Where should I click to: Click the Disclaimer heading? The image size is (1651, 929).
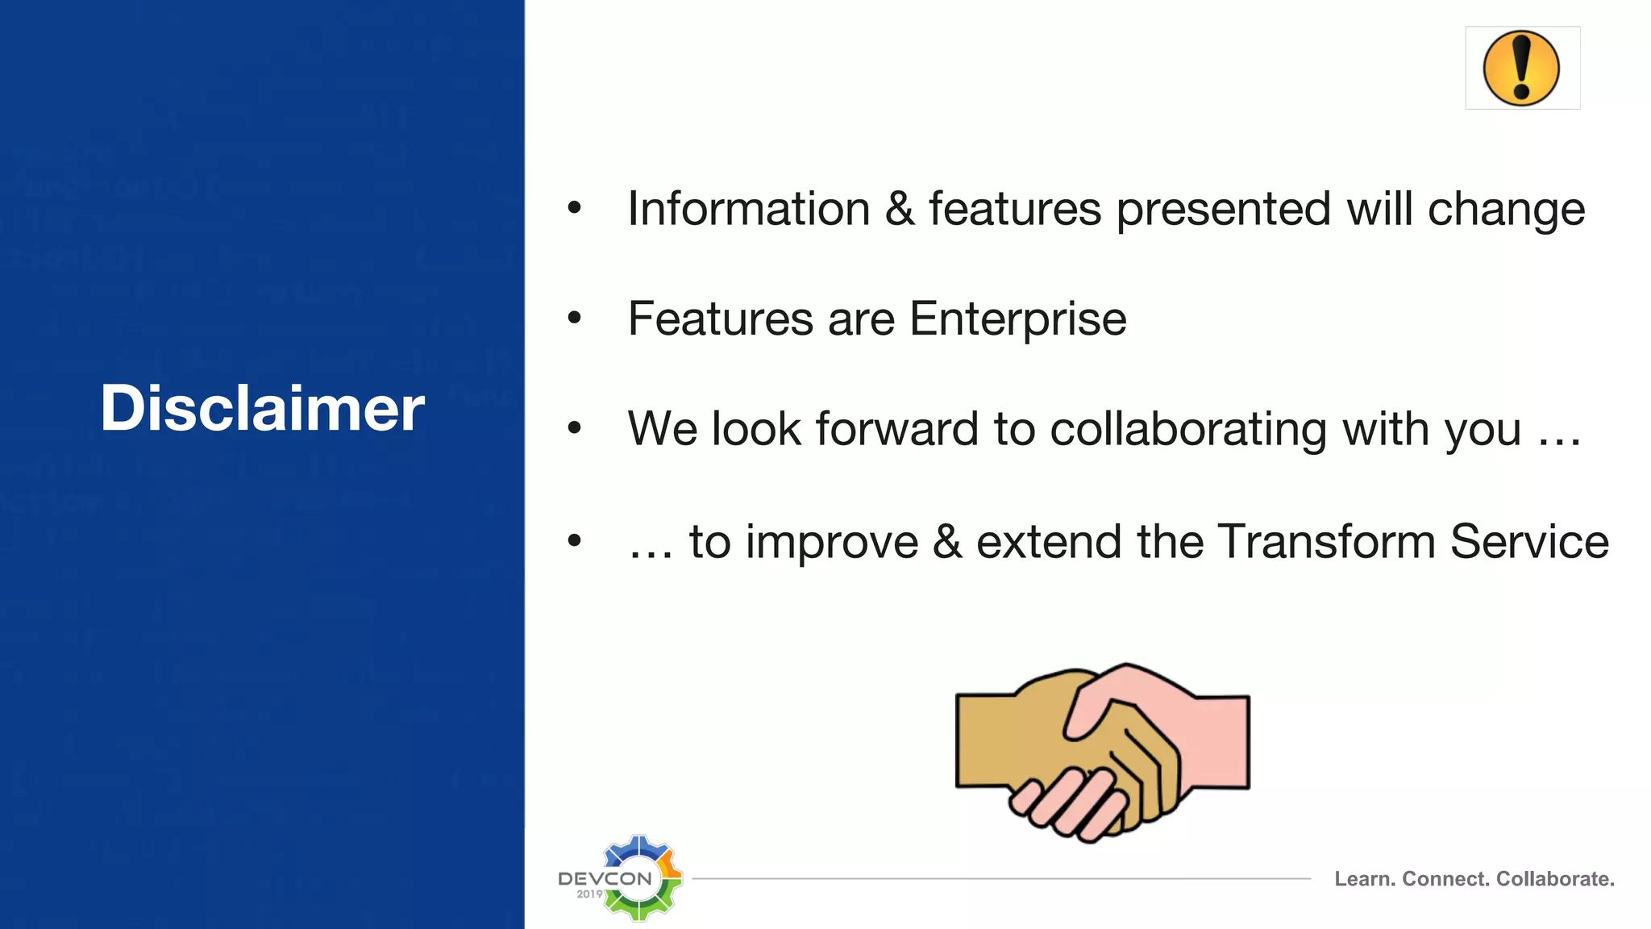(x=262, y=408)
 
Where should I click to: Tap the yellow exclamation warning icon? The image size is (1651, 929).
(x=1521, y=69)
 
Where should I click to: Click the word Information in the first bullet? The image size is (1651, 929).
(x=749, y=209)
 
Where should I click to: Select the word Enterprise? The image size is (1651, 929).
(x=1017, y=319)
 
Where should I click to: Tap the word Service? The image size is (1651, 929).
(x=1529, y=541)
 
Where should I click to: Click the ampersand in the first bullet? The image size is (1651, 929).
(x=900, y=209)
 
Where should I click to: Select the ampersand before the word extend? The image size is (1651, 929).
(x=947, y=541)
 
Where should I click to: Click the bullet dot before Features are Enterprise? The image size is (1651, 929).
(x=574, y=318)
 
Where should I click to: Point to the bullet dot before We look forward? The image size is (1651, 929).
(x=574, y=428)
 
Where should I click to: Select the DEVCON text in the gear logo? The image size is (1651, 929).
(x=605, y=878)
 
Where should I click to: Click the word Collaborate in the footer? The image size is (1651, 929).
(x=1554, y=879)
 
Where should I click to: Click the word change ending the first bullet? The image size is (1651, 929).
(x=1506, y=209)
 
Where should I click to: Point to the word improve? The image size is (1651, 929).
(x=831, y=543)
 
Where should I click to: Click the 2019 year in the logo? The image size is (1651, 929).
(x=589, y=894)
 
